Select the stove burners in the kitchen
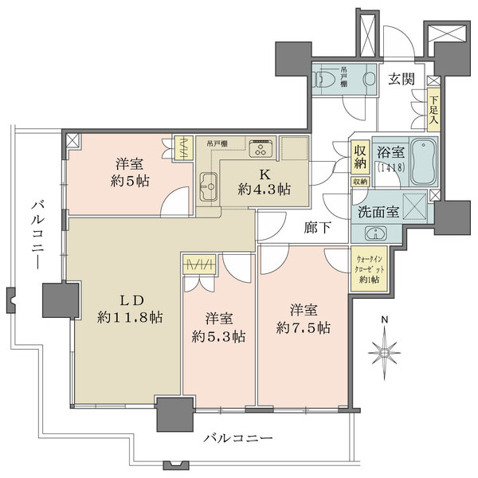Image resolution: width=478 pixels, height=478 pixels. click(261, 149)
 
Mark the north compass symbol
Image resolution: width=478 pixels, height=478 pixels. click(386, 348)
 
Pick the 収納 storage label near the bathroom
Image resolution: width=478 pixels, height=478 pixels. click(361, 155)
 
